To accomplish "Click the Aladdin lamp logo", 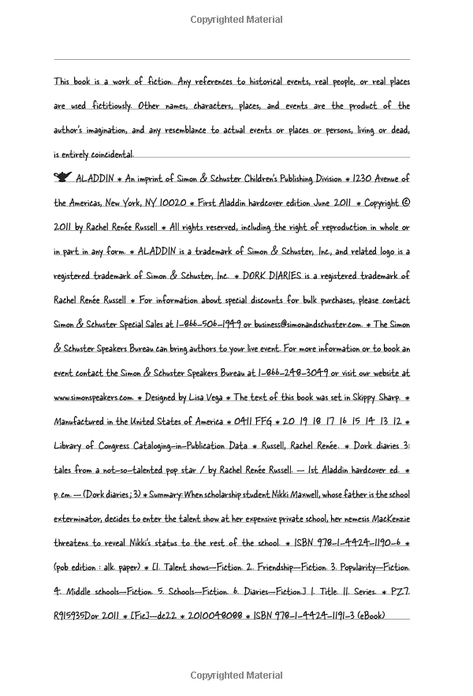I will click(x=62, y=179).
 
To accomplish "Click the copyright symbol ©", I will click(x=406, y=203).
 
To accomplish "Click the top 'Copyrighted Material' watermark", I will click(x=236, y=17).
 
